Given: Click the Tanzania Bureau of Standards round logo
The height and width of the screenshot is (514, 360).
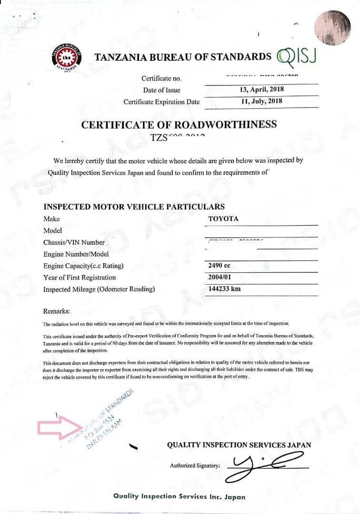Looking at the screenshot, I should (x=67, y=58).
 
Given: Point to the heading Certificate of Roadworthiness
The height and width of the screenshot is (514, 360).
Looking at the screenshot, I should (x=179, y=125).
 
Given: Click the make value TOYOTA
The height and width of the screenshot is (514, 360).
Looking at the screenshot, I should (x=223, y=219).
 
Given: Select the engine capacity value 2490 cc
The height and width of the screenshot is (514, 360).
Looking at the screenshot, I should (x=220, y=266).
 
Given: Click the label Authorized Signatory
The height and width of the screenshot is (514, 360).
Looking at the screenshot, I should (x=195, y=465).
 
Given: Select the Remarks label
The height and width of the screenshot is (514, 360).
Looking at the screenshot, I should (x=57, y=311).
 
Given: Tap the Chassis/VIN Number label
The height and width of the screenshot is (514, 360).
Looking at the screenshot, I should (x=74, y=242).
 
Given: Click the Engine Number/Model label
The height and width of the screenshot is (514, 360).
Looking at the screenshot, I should (x=76, y=254).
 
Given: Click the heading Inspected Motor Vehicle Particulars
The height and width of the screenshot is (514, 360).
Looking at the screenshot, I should (x=134, y=207).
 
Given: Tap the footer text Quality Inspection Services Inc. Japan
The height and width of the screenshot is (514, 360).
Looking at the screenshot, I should (x=179, y=496).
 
